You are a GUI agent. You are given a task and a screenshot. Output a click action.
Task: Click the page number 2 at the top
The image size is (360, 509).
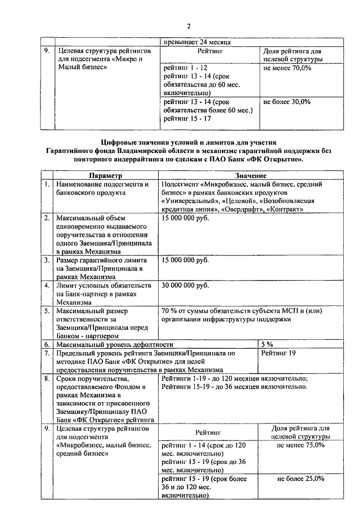click(189, 26)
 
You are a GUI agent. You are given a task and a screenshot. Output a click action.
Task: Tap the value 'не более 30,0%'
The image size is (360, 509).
click(286, 102)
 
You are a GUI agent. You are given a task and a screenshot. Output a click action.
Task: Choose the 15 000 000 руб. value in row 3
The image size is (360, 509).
click(185, 260)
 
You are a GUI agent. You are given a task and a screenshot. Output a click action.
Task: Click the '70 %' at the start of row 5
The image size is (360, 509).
click(169, 310)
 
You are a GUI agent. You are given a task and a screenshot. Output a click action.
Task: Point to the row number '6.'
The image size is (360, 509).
click(47, 344)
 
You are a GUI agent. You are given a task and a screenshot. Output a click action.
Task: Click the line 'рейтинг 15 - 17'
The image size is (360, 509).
click(183, 119)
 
